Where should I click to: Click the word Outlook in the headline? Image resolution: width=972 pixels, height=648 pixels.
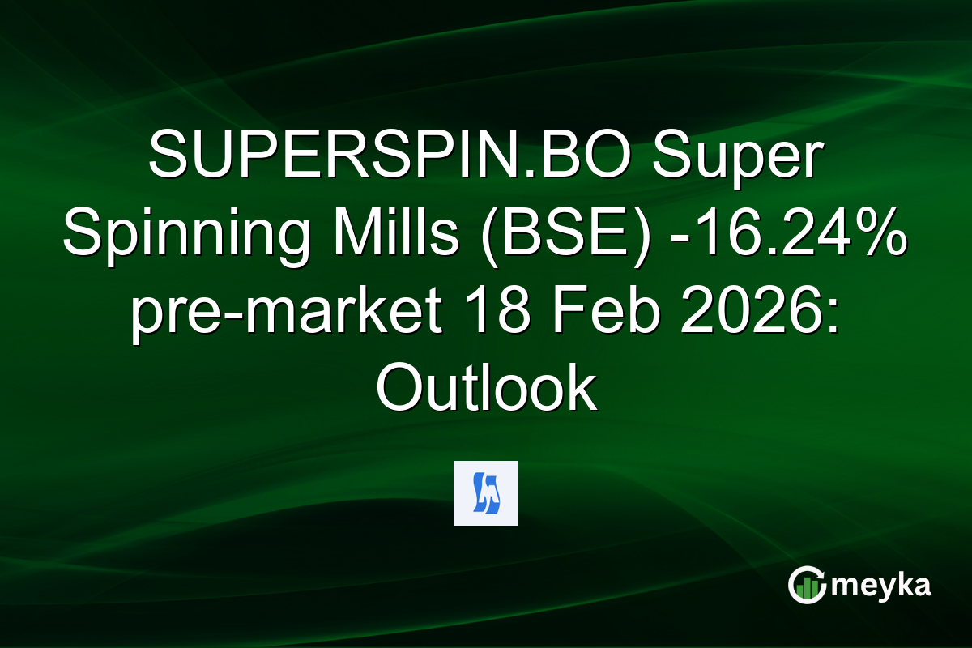tap(486, 390)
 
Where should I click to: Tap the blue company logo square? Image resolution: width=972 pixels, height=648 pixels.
tap(486, 493)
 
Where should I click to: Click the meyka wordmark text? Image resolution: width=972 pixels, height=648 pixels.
tap(883, 586)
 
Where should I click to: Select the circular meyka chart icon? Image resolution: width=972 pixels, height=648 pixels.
tap(807, 586)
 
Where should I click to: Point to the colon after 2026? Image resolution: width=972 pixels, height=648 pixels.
tap(833, 316)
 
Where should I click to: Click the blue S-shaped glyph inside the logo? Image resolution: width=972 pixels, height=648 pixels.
tap(486, 494)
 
